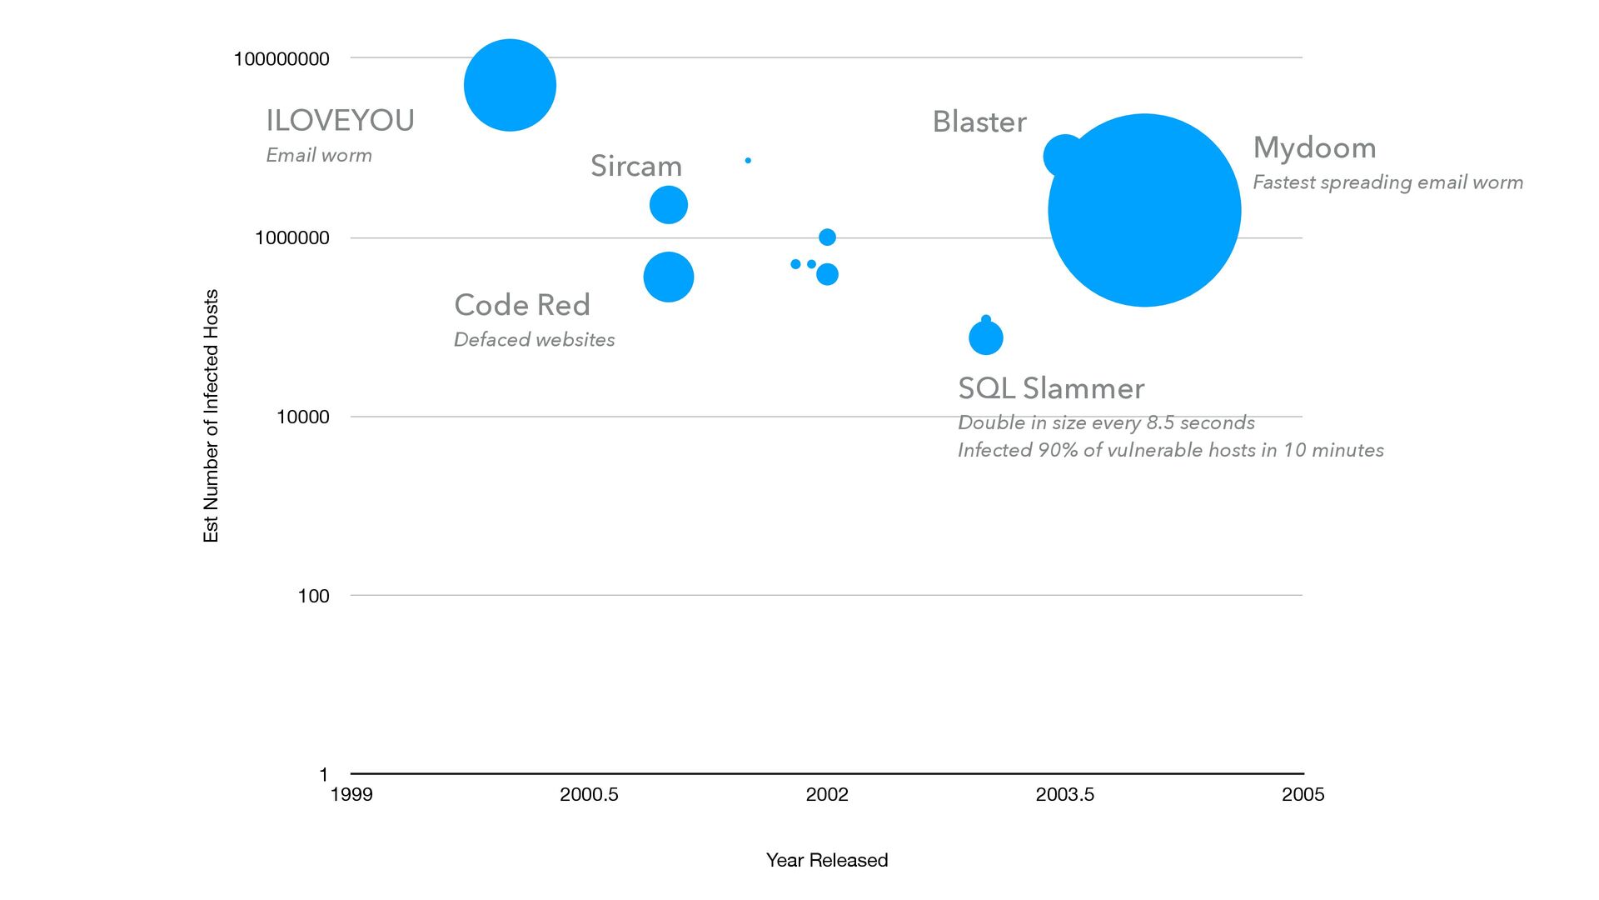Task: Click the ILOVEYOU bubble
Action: click(510, 85)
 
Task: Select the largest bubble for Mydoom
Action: click(1144, 210)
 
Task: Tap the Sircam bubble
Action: click(668, 205)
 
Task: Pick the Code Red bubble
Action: click(668, 277)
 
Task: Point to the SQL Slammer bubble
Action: click(986, 338)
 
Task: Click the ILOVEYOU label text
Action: click(340, 121)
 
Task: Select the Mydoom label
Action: click(1314, 148)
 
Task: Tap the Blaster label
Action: click(979, 122)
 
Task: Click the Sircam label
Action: click(636, 166)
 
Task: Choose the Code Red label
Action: click(522, 305)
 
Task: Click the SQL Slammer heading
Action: click(1051, 388)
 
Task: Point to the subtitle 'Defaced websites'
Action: click(534, 340)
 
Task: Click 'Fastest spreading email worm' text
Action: click(1387, 182)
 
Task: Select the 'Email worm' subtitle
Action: click(319, 156)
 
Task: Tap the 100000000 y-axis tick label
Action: click(281, 59)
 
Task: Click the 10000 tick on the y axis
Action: click(302, 417)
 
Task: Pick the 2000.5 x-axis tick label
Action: click(589, 795)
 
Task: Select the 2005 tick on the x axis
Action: click(1303, 795)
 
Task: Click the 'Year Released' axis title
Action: click(827, 860)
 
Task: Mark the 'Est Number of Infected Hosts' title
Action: click(211, 416)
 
